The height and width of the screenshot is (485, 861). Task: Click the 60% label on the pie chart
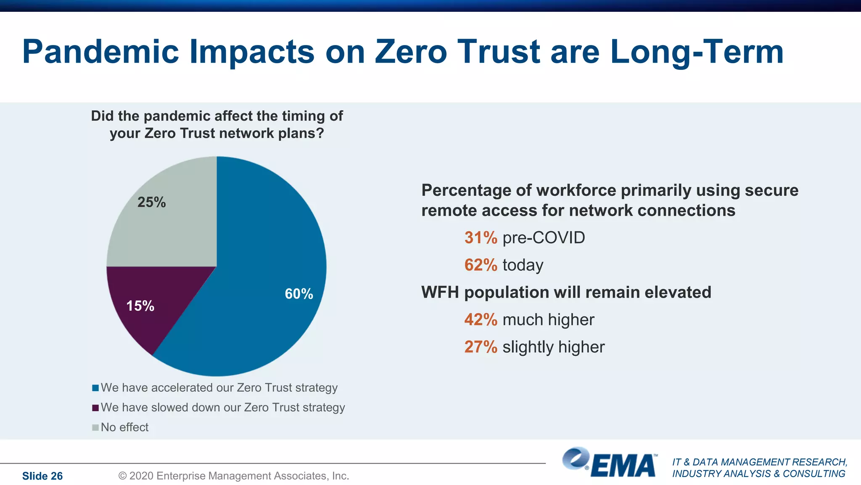tap(298, 294)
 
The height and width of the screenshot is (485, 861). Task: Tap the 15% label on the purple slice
tap(140, 306)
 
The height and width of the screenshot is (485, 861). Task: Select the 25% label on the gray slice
tap(151, 203)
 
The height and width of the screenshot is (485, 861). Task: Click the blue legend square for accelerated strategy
tap(95, 388)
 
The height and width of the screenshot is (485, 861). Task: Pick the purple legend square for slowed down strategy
tap(95, 408)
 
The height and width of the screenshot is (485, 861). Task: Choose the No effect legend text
tap(124, 427)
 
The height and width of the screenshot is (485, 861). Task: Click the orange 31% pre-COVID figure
tap(481, 238)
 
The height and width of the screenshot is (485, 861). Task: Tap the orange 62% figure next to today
tap(481, 265)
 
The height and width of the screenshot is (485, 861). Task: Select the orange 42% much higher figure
tap(481, 320)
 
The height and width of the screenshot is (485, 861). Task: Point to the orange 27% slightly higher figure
tap(481, 347)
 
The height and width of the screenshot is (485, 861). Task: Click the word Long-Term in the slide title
tap(697, 51)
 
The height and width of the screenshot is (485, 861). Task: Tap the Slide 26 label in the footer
tap(42, 476)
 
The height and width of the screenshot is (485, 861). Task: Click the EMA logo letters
tap(624, 466)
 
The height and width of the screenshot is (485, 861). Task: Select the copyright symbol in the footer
tap(122, 476)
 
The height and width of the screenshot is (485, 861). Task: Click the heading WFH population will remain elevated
tap(566, 292)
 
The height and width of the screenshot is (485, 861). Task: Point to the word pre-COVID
tap(544, 238)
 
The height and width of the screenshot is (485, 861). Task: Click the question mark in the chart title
tap(320, 133)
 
